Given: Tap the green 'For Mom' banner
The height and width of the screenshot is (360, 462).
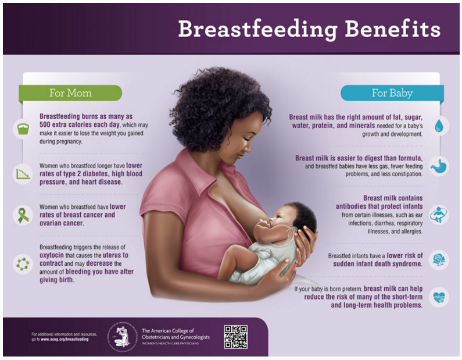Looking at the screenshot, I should [70, 93].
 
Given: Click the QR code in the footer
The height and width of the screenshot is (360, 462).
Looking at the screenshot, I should [235, 336].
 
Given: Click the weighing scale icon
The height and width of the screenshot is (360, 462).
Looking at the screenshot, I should [22, 129].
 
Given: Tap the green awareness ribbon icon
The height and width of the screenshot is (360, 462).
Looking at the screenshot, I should [22, 215].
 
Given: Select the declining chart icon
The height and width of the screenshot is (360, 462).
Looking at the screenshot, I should [22, 173].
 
